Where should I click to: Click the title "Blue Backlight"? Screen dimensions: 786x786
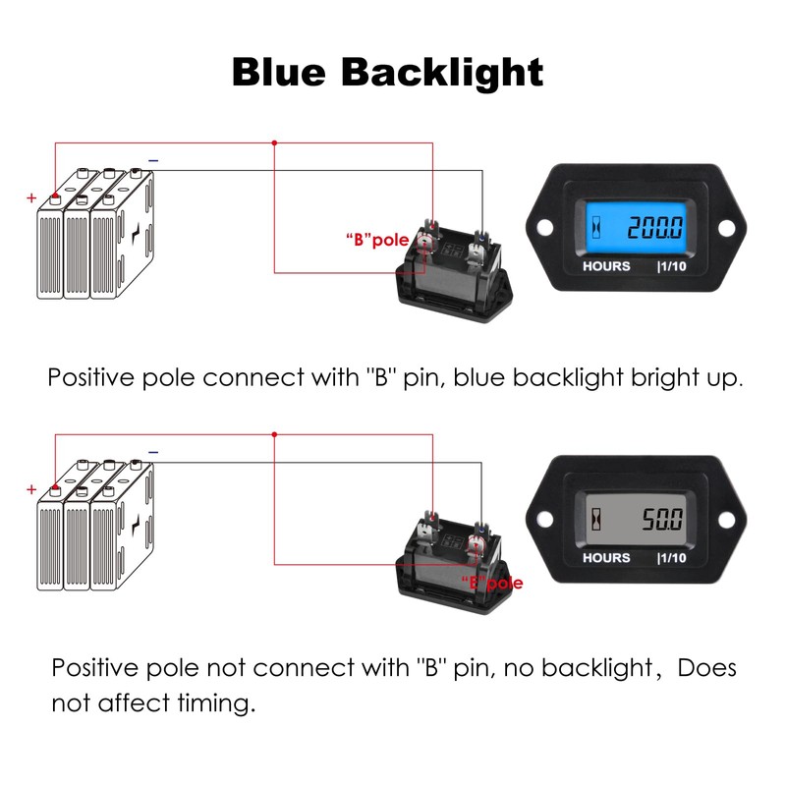tap(387, 73)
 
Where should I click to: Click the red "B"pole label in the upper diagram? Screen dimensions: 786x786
tap(376, 239)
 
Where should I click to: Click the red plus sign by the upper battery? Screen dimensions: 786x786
tap(31, 197)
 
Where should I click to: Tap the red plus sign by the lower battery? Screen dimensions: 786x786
tap(31, 488)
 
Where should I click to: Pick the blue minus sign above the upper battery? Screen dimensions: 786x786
tap(152, 159)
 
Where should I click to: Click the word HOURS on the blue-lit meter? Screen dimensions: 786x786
tap(606, 266)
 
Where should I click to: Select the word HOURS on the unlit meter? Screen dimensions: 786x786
tap(606, 557)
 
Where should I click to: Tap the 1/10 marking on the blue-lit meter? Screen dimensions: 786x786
tap(673, 266)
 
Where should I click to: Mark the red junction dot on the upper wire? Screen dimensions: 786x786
tap(274, 142)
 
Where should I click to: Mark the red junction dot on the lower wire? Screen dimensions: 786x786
tap(274, 433)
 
